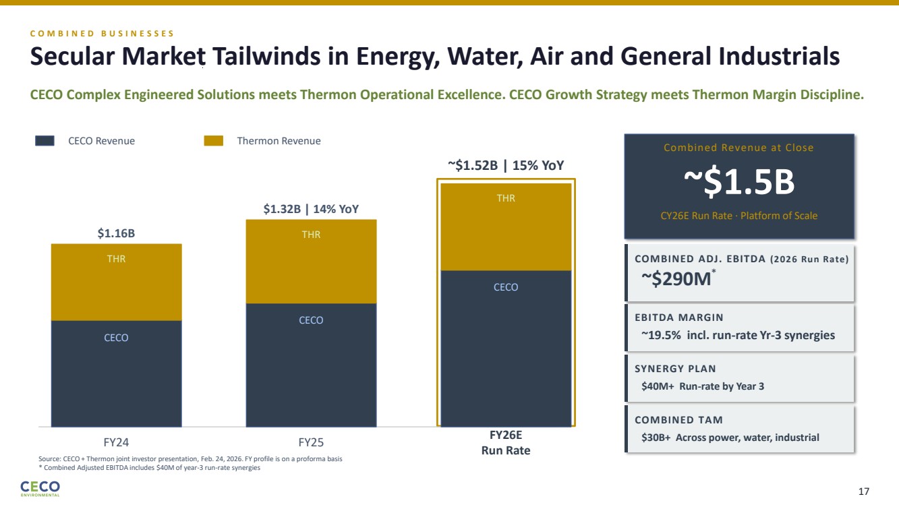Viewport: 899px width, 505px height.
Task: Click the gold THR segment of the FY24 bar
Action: click(116, 282)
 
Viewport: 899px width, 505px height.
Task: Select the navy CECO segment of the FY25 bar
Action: click(311, 365)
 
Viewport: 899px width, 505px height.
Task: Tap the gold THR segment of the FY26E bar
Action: click(505, 227)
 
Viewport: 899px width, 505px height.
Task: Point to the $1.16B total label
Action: click(116, 233)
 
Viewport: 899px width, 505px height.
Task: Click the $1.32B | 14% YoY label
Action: click(311, 209)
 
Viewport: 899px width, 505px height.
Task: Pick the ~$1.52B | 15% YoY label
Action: click(505, 165)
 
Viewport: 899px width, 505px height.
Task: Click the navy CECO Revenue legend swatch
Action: click(45, 141)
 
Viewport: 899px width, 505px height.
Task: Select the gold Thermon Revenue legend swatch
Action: click(214, 141)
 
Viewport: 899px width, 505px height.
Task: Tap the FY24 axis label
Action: click(116, 442)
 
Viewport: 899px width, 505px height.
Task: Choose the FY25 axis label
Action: click(311, 442)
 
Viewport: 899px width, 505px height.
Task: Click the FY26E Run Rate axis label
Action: click(505, 442)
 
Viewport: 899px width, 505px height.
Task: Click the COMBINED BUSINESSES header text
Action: click(102, 33)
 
